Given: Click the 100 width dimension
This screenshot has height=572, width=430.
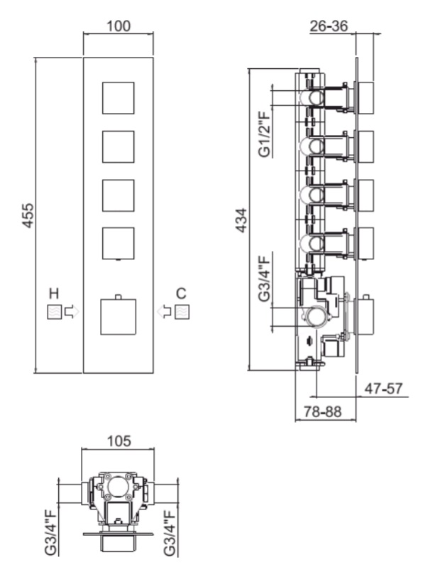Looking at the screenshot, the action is [118, 26].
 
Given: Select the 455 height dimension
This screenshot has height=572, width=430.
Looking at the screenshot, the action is [28, 215].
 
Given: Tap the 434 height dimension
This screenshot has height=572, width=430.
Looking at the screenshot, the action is [241, 220].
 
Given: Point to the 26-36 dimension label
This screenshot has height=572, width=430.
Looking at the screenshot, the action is [329, 26].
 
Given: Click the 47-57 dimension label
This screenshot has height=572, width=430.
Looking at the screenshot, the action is [384, 389].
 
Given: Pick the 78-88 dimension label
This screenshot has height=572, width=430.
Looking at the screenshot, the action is [323, 412].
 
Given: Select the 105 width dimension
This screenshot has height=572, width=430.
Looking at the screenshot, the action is [118, 441].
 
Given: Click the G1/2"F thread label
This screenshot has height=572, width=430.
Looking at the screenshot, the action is [265, 134].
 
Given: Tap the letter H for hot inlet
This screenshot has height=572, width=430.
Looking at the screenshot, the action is [54, 293].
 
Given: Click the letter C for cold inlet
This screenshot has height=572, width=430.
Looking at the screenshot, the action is [181, 293].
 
